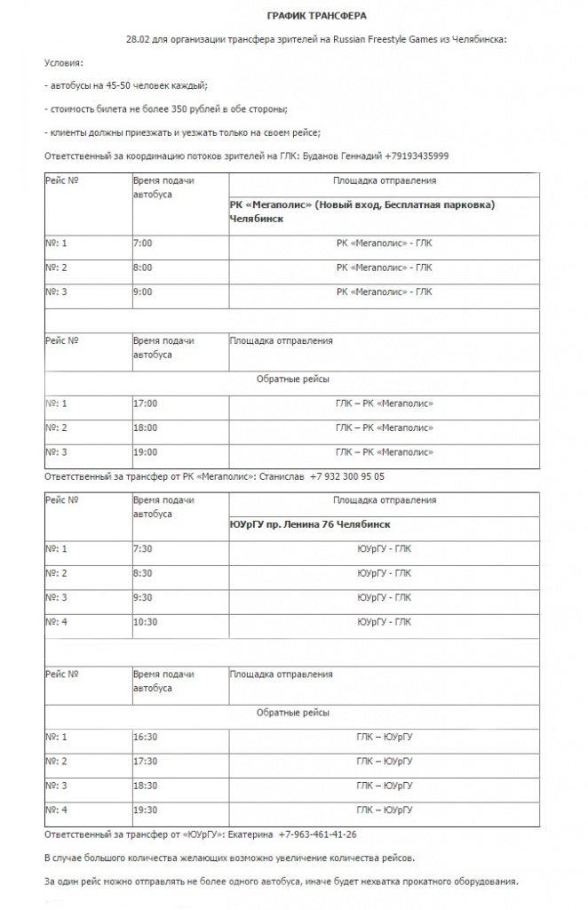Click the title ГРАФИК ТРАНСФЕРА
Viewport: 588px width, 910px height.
click(x=317, y=16)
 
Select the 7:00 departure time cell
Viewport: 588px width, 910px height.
click(x=142, y=243)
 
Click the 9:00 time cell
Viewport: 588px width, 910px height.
click(x=142, y=291)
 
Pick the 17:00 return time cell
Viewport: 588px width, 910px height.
click(x=145, y=403)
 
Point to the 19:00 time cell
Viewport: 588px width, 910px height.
click(x=145, y=452)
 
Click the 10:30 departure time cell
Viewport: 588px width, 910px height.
click(x=145, y=622)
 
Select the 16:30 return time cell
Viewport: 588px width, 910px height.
click(x=145, y=738)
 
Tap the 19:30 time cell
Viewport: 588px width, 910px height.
click(x=145, y=810)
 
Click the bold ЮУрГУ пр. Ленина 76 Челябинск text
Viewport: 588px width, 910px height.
click(x=310, y=524)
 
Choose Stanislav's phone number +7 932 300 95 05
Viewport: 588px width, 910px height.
click(x=347, y=476)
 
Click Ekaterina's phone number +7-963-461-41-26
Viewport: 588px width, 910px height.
click(x=317, y=835)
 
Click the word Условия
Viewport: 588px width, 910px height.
click(x=62, y=64)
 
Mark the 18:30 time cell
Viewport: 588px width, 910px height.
click(x=145, y=786)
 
